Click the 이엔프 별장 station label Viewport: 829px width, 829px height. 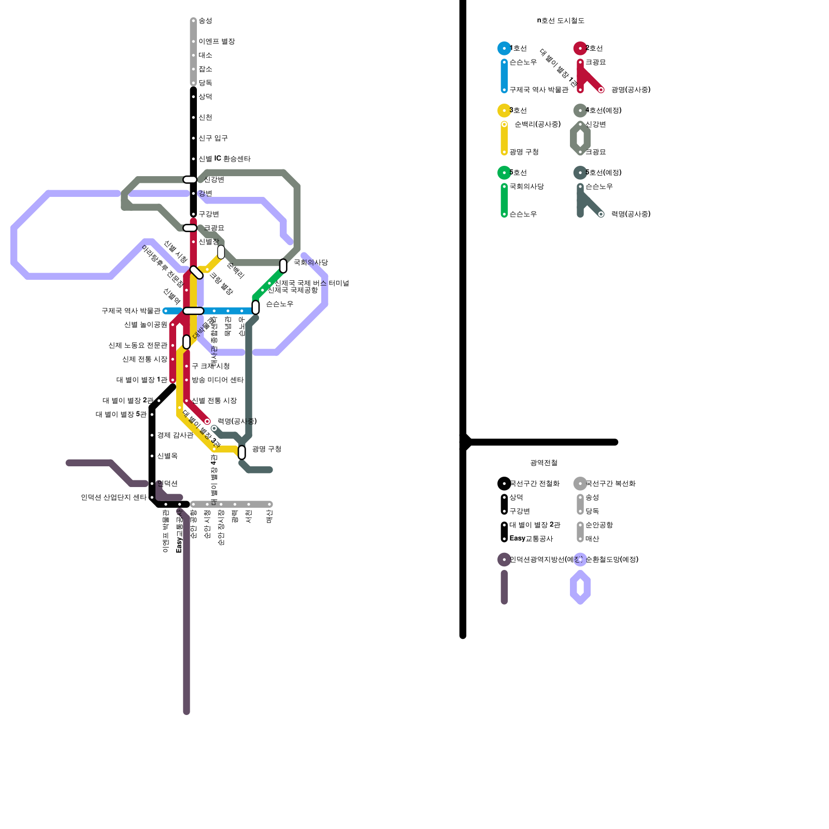217,41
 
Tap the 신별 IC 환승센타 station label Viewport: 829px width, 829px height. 224,159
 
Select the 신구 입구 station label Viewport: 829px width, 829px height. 213,138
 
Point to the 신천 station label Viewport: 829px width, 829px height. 205,118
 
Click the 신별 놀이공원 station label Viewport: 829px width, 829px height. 146,325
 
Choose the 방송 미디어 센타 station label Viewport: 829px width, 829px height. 218,380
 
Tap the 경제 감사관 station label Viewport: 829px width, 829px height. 175,435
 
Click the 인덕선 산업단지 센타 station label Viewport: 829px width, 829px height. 113,497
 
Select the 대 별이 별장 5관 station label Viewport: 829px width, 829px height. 121,414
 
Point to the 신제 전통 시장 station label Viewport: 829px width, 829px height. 145,359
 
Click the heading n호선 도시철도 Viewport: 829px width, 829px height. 561,21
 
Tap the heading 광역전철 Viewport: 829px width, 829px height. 544,463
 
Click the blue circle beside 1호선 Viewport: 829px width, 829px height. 504,48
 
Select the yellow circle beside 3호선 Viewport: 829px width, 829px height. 504,110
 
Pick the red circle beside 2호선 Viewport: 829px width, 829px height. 580,48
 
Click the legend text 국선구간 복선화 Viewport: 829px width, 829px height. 610,483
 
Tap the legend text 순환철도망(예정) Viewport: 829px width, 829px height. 612,560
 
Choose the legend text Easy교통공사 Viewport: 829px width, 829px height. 531,539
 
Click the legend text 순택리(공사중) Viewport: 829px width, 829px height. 537,124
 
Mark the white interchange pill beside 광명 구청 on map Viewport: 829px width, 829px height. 242,452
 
